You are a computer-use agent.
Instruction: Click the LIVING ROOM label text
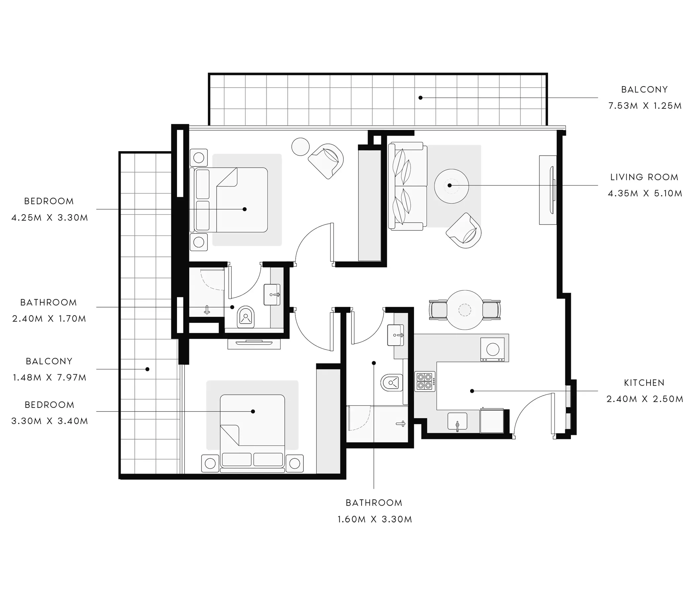click(x=644, y=177)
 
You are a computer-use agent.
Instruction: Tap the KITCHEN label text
click(x=644, y=383)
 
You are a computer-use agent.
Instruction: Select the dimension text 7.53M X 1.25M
click(x=645, y=106)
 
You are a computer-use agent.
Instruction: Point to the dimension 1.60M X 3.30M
click(x=374, y=519)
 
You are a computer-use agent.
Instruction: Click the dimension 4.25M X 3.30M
click(x=50, y=218)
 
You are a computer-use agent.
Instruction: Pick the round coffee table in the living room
click(x=451, y=186)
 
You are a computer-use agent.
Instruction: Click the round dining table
click(x=465, y=310)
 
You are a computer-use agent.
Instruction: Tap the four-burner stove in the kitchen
click(x=425, y=381)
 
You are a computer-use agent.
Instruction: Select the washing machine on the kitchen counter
click(x=492, y=349)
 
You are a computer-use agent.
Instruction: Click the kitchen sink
click(x=458, y=421)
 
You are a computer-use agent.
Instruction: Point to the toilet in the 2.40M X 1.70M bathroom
click(x=246, y=317)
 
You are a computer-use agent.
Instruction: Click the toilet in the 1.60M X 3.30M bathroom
click(x=392, y=382)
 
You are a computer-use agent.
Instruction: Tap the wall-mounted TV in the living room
click(x=552, y=190)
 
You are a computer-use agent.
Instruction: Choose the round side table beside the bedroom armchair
click(x=300, y=147)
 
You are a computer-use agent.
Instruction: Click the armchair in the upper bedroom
click(x=326, y=161)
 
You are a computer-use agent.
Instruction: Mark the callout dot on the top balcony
click(x=420, y=98)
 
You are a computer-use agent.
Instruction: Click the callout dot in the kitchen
click(x=472, y=391)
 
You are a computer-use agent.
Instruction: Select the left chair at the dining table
click(x=438, y=310)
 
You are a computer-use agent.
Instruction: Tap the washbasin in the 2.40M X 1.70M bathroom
click(x=272, y=295)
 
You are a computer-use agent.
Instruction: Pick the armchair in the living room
click(x=464, y=230)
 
